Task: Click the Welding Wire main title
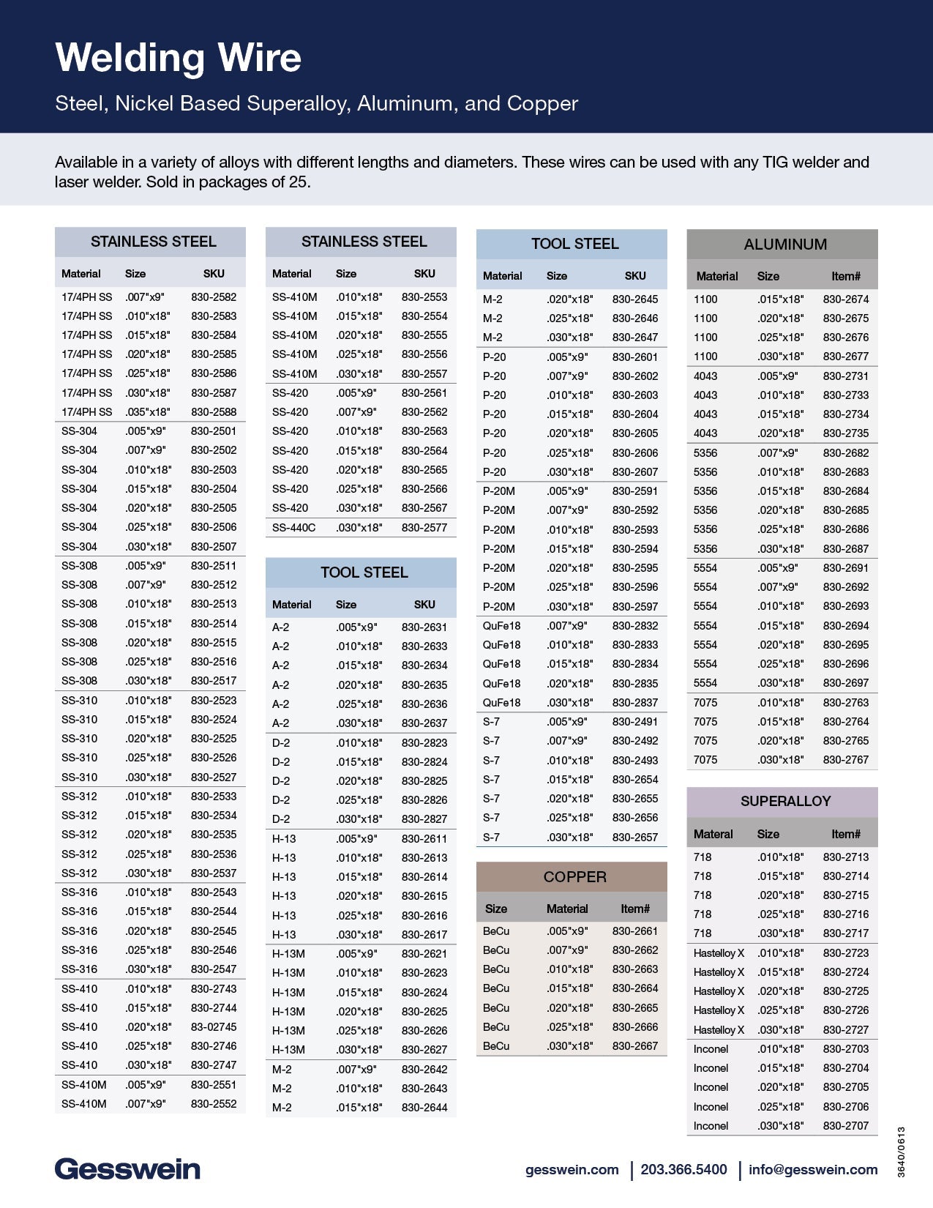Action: point(178,58)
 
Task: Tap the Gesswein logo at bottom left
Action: point(127,1169)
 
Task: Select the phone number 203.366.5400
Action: point(683,1169)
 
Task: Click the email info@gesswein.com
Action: point(813,1169)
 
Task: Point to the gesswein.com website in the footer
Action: point(572,1169)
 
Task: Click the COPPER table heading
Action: point(574,876)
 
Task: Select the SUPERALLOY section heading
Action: point(785,801)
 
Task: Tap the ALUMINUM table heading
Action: point(785,245)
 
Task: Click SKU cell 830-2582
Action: point(214,297)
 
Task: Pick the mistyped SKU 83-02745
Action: point(214,1027)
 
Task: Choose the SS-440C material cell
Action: point(293,527)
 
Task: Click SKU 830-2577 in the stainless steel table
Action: point(424,527)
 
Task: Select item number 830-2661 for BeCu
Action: point(635,931)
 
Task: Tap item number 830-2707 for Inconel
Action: point(846,1126)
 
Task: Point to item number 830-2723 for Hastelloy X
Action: point(846,953)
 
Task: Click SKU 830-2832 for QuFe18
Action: point(635,626)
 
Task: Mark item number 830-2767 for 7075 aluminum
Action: point(846,760)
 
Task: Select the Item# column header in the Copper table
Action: point(635,909)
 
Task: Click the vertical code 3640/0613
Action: point(902,1152)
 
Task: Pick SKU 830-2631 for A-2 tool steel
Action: point(424,627)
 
